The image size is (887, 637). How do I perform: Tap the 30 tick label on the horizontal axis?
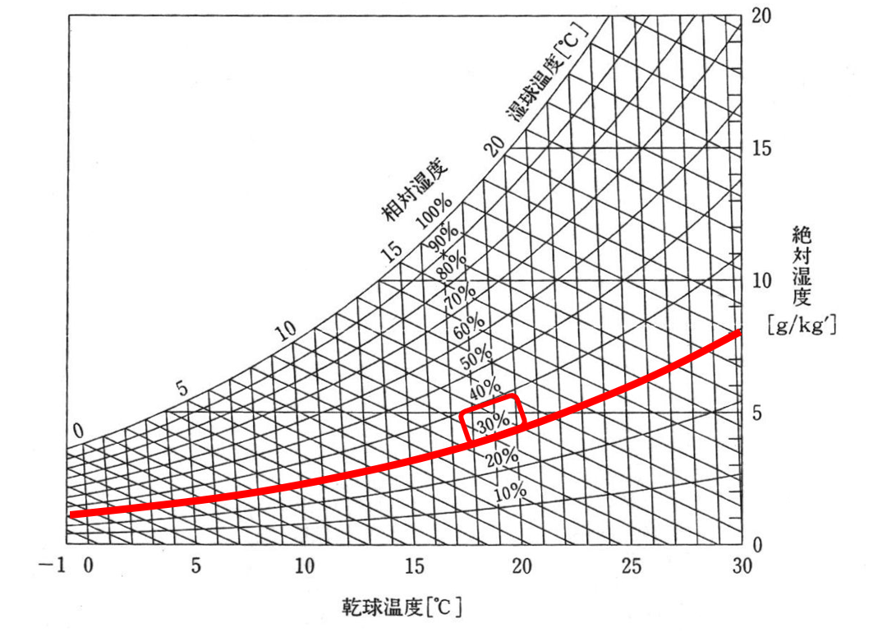tap(741, 566)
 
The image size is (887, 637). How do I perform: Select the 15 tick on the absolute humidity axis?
tap(761, 149)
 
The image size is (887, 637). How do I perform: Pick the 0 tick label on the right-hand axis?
tap(758, 545)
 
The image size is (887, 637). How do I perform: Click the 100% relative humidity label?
tap(433, 211)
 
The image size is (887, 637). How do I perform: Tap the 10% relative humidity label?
tap(510, 492)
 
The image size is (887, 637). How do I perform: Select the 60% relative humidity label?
tap(469, 323)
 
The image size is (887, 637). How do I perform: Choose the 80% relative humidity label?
tap(451, 263)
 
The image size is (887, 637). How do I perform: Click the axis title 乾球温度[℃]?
tap(402, 607)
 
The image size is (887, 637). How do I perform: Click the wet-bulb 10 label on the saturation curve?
tap(285, 331)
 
